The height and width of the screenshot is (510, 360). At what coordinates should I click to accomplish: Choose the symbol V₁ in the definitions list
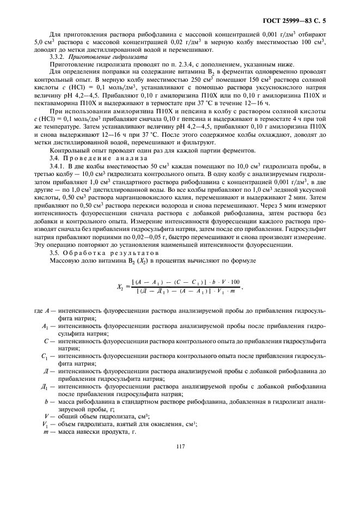[45, 424]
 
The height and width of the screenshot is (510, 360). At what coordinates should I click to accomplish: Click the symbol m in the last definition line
[46, 431]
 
